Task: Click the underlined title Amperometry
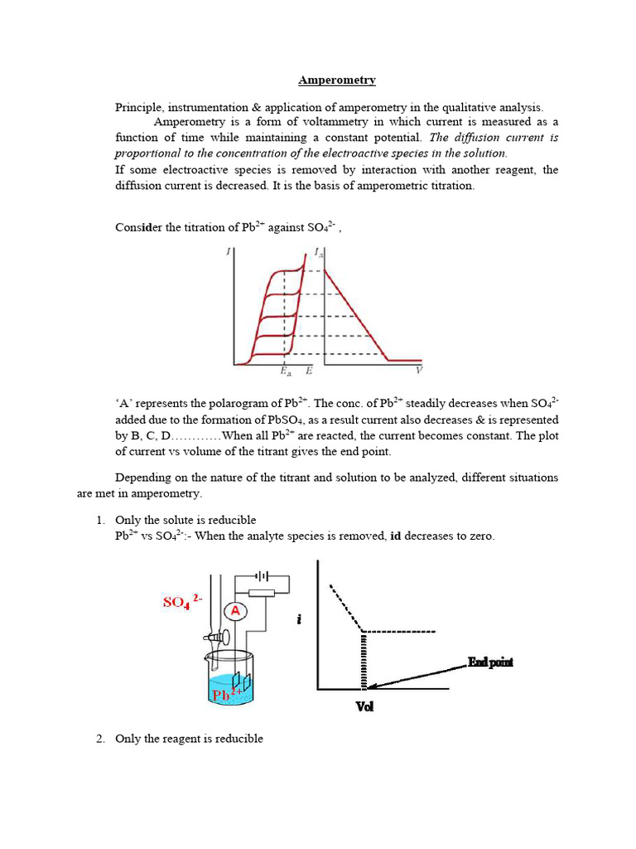(x=336, y=80)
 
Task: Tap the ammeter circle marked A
(x=236, y=611)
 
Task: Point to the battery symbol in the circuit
(x=263, y=574)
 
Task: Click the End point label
(x=490, y=662)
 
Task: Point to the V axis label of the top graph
(x=418, y=370)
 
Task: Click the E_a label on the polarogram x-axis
(x=285, y=372)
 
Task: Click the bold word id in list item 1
(x=397, y=536)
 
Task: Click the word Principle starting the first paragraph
(x=138, y=108)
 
